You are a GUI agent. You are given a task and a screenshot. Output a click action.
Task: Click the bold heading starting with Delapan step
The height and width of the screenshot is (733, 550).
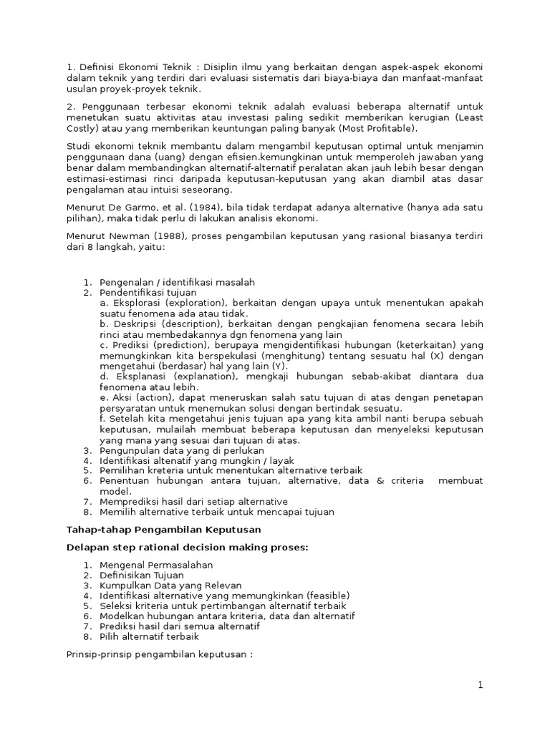coord(187,548)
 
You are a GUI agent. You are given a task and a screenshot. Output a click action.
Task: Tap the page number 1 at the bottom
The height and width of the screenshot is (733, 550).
coord(481,685)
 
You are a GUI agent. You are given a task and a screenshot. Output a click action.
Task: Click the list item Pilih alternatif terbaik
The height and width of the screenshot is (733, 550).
coord(149,636)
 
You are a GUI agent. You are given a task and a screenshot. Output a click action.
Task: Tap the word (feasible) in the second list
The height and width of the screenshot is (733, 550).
coord(328,595)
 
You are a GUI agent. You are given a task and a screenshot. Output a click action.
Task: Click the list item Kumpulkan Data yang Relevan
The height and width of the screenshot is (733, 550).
coord(170,585)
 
